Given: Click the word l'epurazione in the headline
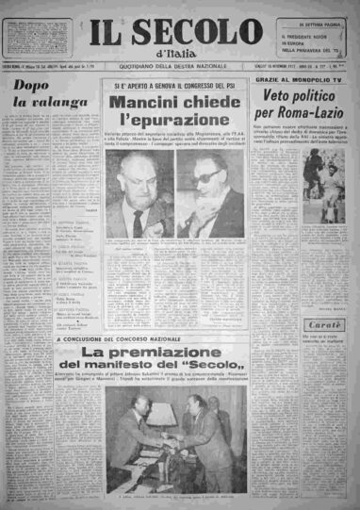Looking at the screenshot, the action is pyautogui.click(x=179, y=122).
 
